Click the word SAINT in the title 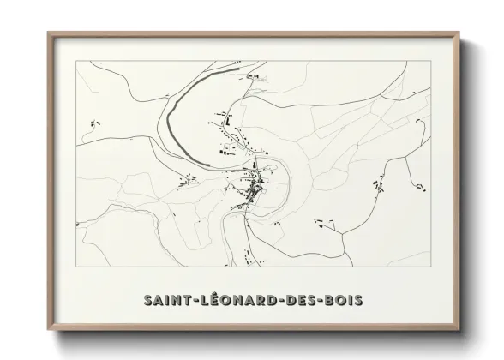click(x=165, y=301)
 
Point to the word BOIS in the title click(x=345, y=301)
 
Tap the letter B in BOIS click(x=331, y=301)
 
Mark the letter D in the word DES click(x=288, y=301)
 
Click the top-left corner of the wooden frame click(x=47, y=33)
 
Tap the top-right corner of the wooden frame click(x=460, y=33)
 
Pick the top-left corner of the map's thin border click(x=76, y=62)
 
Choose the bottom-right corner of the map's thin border click(x=431, y=267)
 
